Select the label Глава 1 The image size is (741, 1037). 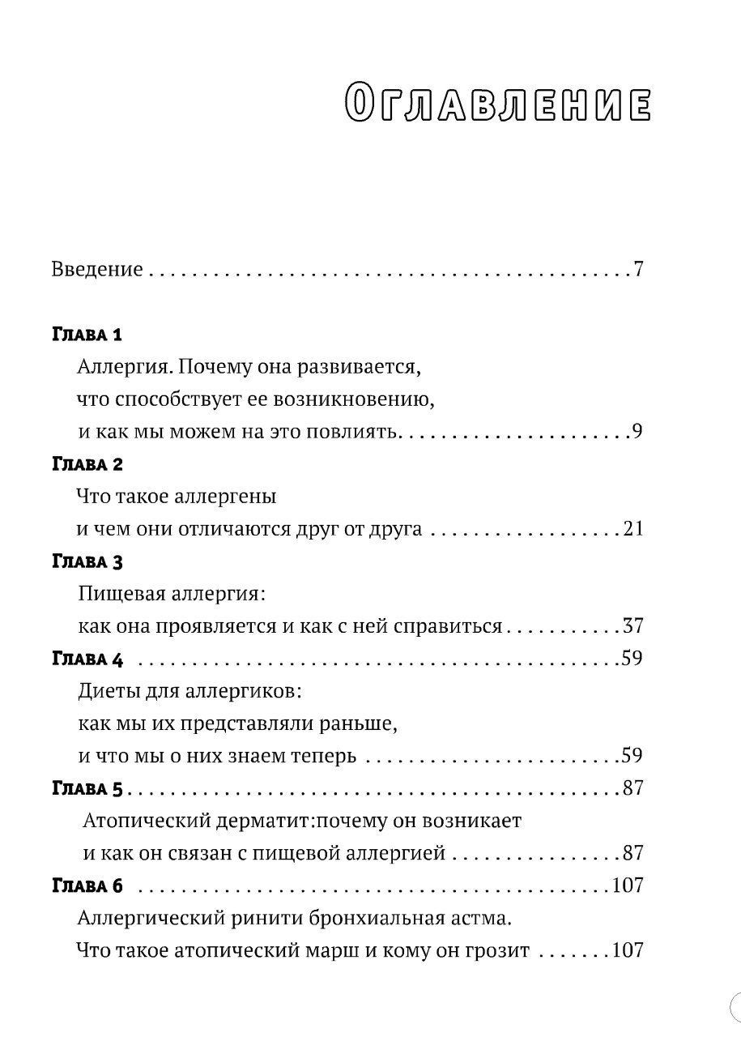[87, 335]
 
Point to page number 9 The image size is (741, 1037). [637, 431]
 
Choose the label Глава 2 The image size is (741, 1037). [87, 464]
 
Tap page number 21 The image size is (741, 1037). [633, 529]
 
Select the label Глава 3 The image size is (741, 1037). [87, 561]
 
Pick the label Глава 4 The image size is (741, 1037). [87, 659]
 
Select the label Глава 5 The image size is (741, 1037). [87, 788]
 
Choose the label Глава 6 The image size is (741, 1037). [87, 886]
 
